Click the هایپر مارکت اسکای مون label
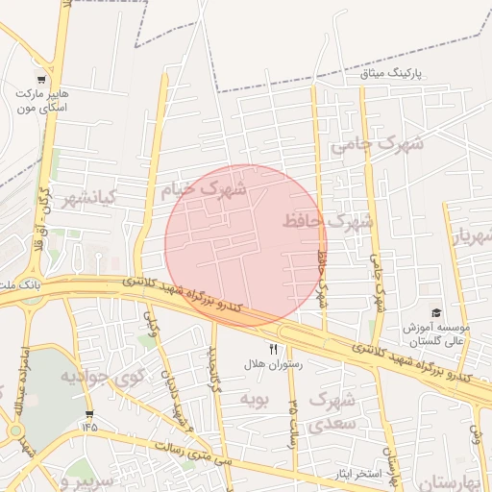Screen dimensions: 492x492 (40, 101)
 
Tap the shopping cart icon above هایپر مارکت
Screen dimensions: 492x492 (40, 79)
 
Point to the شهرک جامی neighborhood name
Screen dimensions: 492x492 (377, 144)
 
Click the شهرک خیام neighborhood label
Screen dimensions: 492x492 (203, 189)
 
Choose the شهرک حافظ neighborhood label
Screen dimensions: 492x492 (328, 222)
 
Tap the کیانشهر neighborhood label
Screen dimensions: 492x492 (88, 199)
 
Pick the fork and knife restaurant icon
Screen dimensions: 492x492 (274, 350)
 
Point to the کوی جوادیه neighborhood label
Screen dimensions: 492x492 (101, 376)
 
